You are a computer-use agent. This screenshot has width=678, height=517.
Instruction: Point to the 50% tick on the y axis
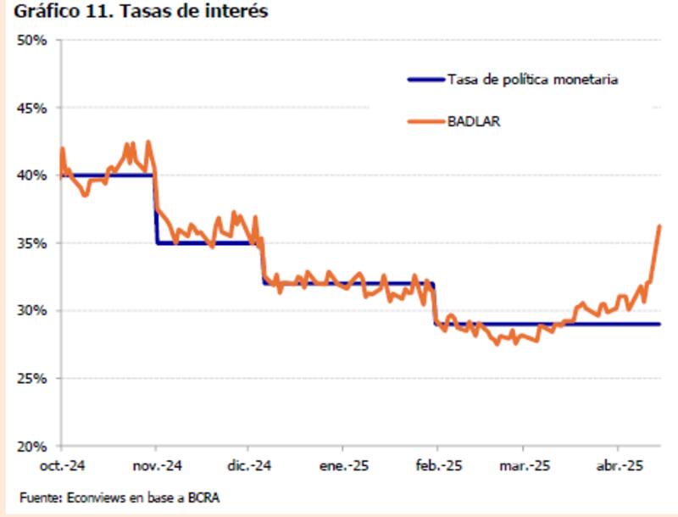coord(34,41)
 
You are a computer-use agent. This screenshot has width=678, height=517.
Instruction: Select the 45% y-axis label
coord(34,108)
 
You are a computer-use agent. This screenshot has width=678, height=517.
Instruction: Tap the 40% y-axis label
coord(34,175)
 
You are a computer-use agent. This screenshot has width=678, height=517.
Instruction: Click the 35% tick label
coord(34,243)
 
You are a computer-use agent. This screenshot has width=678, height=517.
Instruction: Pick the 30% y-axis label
coord(34,310)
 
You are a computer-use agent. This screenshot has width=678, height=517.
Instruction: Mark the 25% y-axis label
coord(34,378)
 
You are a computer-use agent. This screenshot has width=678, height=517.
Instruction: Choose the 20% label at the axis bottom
coord(34,446)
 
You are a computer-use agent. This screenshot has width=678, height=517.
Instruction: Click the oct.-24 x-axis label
coord(62,465)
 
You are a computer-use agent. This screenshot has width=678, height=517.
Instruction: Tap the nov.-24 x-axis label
coord(156,465)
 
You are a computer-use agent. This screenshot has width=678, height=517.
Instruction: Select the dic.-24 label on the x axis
coord(248,465)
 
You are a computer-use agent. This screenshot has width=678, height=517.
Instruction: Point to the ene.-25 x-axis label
coord(342,465)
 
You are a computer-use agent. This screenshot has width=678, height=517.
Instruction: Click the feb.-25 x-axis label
coord(436,465)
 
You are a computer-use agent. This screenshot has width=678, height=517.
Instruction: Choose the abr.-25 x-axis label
coord(619,465)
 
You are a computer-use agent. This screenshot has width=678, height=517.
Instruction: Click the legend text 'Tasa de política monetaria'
coord(531,80)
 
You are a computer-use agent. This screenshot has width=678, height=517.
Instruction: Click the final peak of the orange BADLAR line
coord(659,226)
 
